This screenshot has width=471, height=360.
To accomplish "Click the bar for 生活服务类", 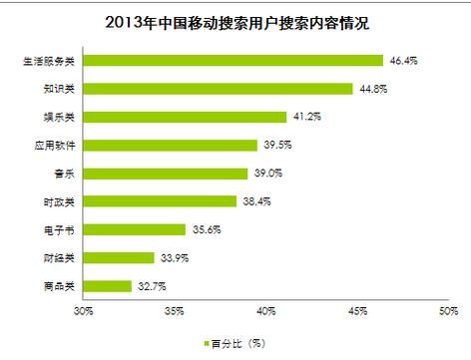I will [234, 60].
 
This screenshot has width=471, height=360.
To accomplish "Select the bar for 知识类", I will [219, 89].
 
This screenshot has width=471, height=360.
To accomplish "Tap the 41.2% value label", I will [305, 118].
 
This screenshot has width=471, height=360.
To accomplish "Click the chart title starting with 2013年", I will [235, 19].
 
